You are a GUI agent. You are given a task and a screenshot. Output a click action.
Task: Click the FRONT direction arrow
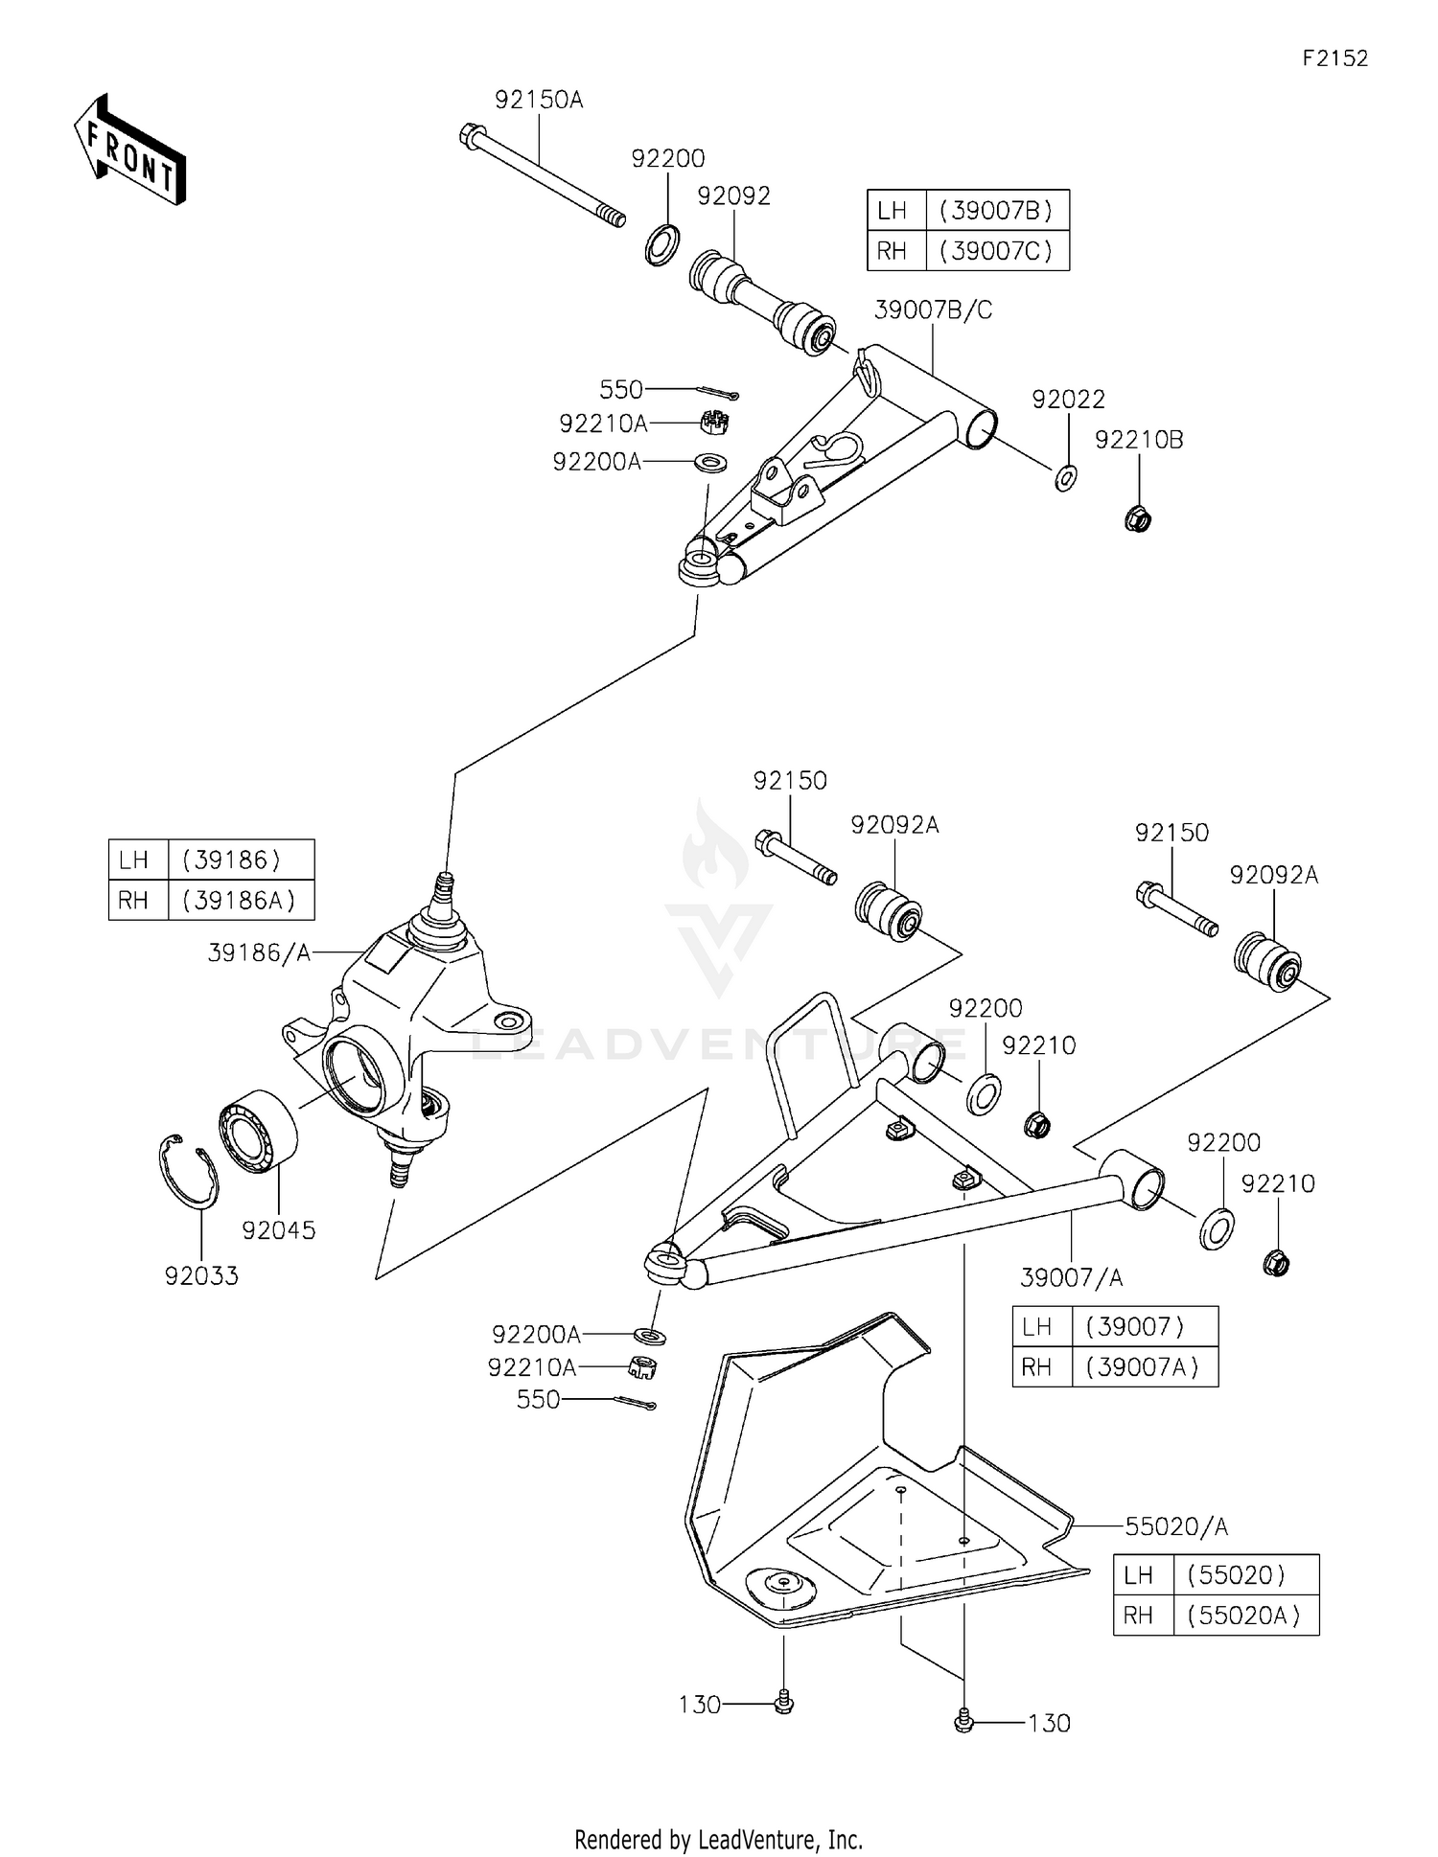(x=129, y=151)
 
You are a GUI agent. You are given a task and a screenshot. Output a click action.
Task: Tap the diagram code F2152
(x=1334, y=58)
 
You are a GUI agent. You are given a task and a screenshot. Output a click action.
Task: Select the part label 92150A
(x=539, y=100)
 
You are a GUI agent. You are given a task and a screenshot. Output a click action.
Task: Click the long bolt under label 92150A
(x=543, y=176)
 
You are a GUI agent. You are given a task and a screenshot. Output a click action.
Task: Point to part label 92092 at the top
(x=733, y=195)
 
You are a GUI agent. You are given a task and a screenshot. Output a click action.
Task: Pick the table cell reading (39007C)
(x=996, y=251)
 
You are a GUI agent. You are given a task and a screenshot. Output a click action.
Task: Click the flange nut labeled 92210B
(x=1137, y=519)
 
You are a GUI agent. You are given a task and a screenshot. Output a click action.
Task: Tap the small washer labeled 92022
(x=1065, y=476)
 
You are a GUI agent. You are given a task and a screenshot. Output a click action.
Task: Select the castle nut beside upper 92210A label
(x=711, y=419)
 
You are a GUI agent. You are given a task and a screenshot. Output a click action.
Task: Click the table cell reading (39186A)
(x=240, y=901)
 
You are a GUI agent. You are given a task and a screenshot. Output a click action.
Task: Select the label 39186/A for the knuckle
(x=259, y=952)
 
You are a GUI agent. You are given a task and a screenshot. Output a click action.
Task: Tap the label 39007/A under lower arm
(x=1071, y=1277)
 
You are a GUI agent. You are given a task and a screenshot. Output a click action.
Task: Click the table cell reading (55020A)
(x=1243, y=1616)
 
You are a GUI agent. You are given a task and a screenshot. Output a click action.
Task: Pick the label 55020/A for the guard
(x=1175, y=1526)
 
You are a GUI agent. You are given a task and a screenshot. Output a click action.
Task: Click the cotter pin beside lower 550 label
(x=636, y=1403)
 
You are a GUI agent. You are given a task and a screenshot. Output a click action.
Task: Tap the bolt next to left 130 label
(x=783, y=1703)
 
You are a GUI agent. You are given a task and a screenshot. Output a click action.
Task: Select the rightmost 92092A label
(x=1273, y=875)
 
